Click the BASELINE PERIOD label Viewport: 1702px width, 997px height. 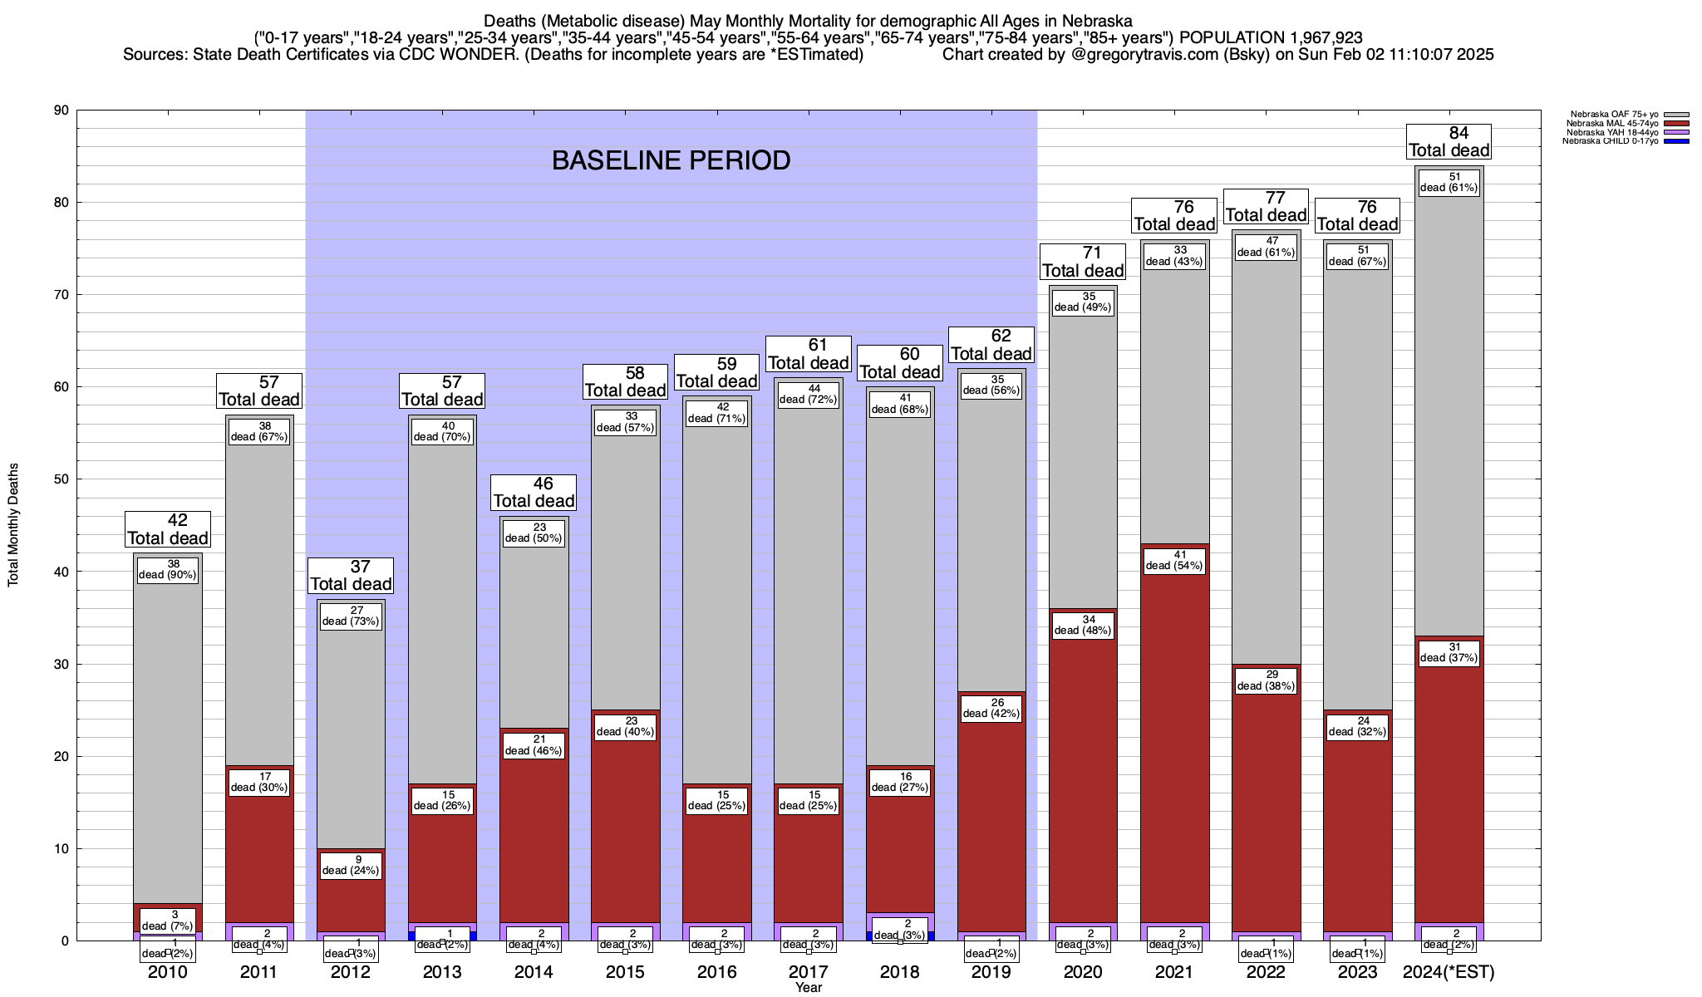(671, 160)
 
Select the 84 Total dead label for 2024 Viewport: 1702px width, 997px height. (1449, 141)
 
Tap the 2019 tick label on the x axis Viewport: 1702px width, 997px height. (991, 972)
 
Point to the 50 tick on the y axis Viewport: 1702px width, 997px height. (61, 479)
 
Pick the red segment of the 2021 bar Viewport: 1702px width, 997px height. (1174, 748)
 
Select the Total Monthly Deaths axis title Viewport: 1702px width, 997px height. (13, 525)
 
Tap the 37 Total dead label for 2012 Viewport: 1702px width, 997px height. (351, 575)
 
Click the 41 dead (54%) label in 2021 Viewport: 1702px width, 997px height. (1174, 561)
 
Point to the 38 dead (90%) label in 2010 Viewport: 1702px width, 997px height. (168, 569)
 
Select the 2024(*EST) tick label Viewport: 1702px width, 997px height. (1448, 972)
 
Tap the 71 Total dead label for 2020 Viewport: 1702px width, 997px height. (1083, 262)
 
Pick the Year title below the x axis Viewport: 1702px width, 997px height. (808, 987)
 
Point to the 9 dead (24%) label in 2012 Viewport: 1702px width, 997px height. (351, 865)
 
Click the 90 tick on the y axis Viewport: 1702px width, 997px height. (61, 111)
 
